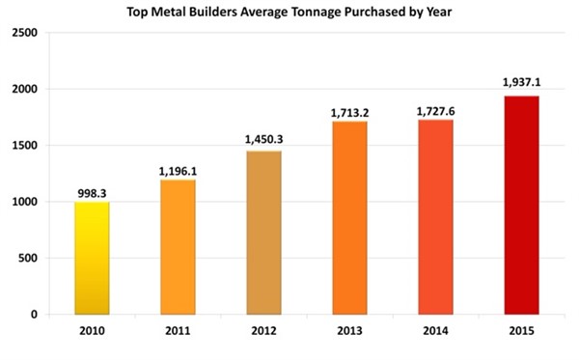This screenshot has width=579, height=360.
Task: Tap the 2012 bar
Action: point(264,233)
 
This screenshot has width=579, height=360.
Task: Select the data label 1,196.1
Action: point(178,171)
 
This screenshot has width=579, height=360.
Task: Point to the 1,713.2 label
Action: point(351,112)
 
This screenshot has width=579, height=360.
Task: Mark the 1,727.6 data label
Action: point(437,111)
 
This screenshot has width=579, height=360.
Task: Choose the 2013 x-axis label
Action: point(351,333)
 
